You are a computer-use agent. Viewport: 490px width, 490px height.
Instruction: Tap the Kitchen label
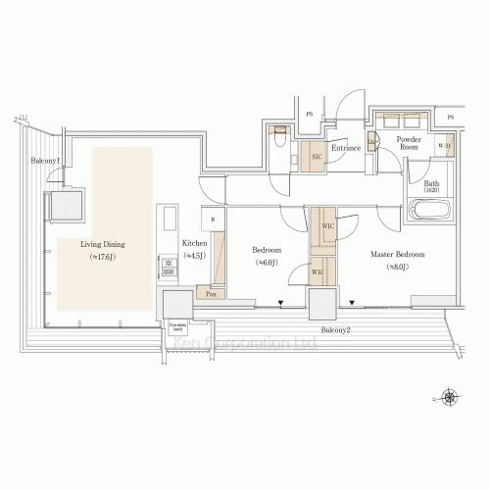point(194,243)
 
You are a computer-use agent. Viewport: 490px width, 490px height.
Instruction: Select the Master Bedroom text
point(396,254)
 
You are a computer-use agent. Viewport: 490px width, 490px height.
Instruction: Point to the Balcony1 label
point(45,160)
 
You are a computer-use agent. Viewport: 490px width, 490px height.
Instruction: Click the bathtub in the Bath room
point(427,211)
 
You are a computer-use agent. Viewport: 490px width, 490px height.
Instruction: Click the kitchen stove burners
point(168,264)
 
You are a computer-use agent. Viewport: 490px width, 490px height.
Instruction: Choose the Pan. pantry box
point(211,291)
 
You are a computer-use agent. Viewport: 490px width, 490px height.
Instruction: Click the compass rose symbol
point(450,397)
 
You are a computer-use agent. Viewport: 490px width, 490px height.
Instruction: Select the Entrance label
point(346,148)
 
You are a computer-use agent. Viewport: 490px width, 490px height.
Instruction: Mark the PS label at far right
point(451,117)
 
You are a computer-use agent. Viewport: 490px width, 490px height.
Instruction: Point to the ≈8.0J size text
point(396,267)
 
